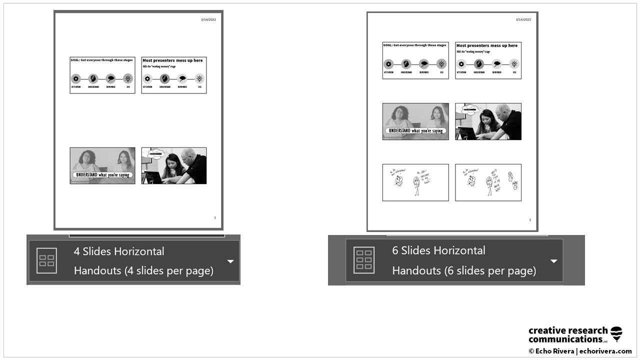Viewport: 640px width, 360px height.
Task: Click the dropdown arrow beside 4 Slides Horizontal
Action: click(x=230, y=261)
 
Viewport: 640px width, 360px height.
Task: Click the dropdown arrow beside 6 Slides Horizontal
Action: click(x=553, y=261)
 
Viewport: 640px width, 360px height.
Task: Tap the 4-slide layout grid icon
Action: click(x=46, y=260)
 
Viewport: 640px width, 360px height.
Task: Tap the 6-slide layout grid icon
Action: click(x=363, y=260)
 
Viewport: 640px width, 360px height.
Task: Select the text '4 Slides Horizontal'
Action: click(x=119, y=251)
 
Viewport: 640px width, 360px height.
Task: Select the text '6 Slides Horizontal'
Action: click(x=438, y=250)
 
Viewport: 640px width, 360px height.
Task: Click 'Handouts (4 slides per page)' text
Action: click(x=143, y=270)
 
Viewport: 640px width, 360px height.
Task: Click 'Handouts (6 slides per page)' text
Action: click(x=463, y=270)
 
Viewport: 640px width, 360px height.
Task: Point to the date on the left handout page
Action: click(x=208, y=19)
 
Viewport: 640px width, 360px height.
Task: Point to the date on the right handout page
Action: click(x=523, y=19)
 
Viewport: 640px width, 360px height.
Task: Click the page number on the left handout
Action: click(x=215, y=217)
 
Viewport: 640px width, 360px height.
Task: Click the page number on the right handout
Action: click(x=530, y=219)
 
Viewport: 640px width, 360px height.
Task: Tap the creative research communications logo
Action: click(x=575, y=334)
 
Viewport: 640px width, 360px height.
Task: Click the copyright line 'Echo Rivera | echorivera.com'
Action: click(x=580, y=351)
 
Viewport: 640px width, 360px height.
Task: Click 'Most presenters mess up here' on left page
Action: click(x=172, y=60)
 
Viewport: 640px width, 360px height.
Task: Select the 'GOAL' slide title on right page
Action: click(x=414, y=45)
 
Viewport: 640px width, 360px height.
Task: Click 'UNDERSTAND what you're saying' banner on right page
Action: click(x=415, y=131)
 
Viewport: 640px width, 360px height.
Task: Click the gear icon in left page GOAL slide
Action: click(x=76, y=78)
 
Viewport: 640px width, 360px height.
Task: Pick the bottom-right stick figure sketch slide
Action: click(x=488, y=182)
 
